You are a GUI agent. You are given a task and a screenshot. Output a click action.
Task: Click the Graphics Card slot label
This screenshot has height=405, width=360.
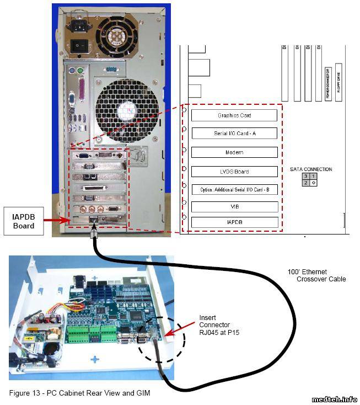234,115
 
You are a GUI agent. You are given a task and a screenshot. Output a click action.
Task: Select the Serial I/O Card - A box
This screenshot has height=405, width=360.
234,134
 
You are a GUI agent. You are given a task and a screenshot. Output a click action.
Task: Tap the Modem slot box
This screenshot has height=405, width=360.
234,152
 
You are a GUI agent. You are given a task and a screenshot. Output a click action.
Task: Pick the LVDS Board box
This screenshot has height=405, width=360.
234,172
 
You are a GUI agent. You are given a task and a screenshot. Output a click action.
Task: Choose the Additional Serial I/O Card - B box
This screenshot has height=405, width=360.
234,189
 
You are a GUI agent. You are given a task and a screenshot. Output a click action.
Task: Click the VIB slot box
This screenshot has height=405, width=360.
234,207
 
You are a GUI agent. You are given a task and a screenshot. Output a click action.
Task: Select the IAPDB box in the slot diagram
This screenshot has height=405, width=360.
234,222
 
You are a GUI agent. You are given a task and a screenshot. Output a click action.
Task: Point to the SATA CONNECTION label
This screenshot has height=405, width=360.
311,169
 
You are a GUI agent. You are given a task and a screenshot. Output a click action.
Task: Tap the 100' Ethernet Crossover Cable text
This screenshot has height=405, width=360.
316,275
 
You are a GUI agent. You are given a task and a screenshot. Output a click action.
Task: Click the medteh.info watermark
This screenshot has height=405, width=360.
334,399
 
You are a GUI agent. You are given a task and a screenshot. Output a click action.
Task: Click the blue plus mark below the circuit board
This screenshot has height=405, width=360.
95,359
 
